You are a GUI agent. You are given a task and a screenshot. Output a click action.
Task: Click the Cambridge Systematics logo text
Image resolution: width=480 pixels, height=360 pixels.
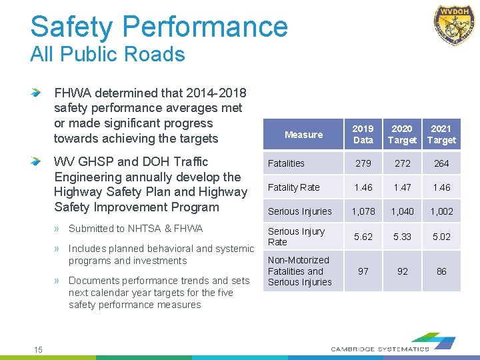pyautogui.click(x=380, y=349)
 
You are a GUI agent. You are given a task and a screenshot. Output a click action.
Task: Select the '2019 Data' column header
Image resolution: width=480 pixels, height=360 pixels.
pyautogui.click(x=363, y=134)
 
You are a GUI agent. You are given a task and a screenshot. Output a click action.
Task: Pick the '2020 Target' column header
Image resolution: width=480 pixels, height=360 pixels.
pyautogui.click(x=402, y=134)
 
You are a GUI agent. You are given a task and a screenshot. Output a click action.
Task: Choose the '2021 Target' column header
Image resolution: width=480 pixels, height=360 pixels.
pyautogui.click(x=441, y=134)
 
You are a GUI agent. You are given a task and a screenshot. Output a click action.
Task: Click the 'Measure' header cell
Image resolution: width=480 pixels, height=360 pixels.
pyautogui.click(x=303, y=135)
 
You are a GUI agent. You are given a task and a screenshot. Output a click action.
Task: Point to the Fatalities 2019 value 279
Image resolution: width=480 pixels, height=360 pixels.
pyautogui.click(x=363, y=163)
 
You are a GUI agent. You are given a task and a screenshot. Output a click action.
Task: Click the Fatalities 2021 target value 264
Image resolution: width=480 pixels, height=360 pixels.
pyautogui.click(x=441, y=163)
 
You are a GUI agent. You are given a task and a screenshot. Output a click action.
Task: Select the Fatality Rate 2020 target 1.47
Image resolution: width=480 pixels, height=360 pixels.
pyautogui.click(x=402, y=187)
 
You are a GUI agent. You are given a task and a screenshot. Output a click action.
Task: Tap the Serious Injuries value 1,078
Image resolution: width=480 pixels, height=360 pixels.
pyautogui.click(x=363, y=211)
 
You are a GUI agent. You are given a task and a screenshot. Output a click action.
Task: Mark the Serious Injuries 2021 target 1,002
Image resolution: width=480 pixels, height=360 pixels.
pyautogui.click(x=441, y=211)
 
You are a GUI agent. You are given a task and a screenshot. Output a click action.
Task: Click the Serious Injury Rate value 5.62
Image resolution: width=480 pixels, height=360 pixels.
pyautogui.click(x=363, y=236)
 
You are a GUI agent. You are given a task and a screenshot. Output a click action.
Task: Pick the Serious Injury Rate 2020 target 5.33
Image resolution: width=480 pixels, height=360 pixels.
pyautogui.click(x=402, y=236)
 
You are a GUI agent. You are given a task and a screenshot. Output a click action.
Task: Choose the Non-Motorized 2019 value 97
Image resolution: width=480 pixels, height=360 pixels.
pyautogui.click(x=363, y=271)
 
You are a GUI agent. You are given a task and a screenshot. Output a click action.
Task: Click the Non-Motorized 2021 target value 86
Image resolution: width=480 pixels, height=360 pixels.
pyautogui.click(x=441, y=271)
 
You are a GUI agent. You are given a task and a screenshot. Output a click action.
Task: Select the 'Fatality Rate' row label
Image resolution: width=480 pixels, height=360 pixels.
pyautogui.click(x=293, y=187)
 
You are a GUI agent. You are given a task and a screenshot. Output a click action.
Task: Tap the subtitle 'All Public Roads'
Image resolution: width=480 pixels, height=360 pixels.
pyautogui.click(x=107, y=54)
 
